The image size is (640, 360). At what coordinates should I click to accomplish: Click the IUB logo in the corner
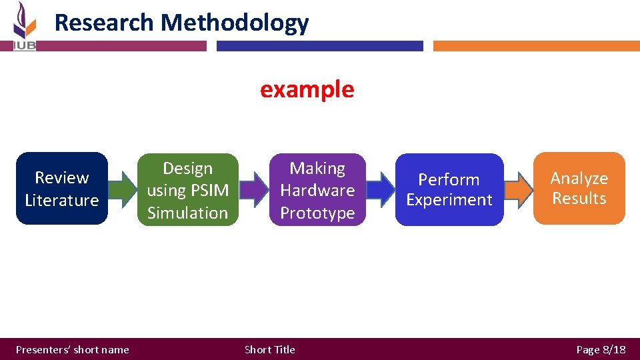(x=24, y=27)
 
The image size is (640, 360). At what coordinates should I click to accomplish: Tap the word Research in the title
(x=104, y=23)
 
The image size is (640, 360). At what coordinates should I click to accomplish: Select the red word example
(x=307, y=89)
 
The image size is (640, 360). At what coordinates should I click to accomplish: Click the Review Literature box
(x=61, y=189)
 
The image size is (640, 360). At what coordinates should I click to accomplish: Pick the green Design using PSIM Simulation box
(x=187, y=190)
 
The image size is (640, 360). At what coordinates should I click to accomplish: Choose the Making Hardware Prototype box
(x=317, y=190)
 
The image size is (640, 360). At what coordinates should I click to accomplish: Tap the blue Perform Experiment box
(x=449, y=190)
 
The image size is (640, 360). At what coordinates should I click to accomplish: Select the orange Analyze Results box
(x=579, y=189)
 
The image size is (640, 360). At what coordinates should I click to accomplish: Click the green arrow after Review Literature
(x=122, y=189)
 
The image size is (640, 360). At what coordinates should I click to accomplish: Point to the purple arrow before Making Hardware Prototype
(x=253, y=190)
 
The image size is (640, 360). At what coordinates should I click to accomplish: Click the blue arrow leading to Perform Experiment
(x=381, y=190)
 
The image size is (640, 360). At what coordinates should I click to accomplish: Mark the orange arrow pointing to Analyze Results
(x=518, y=189)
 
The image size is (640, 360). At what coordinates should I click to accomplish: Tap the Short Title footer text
(x=269, y=349)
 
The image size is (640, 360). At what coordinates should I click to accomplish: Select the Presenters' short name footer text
(x=72, y=349)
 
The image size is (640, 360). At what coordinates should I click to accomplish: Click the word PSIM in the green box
(x=209, y=191)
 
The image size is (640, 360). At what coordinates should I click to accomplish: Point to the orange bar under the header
(x=536, y=46)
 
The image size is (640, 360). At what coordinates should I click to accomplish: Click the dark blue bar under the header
(x=319, y=46)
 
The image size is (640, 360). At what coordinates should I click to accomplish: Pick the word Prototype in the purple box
(x=317, y=213)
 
